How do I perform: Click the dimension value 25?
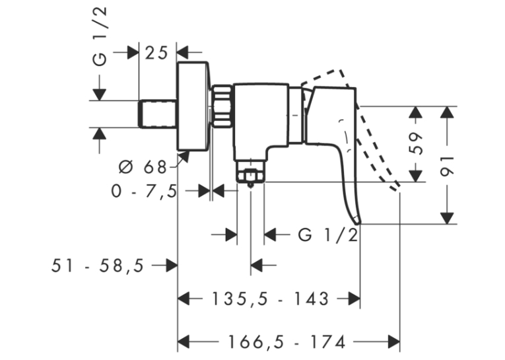pos(156,54)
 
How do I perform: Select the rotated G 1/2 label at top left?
pos(100,36)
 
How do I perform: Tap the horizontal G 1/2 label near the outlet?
pos(328,235)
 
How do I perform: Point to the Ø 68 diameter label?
pos(143,167)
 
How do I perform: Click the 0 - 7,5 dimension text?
pos(145,192)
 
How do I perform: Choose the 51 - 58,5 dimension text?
pos(98,266)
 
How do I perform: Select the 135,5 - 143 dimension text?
pos(270,299)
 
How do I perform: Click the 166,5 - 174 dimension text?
pos(286,342)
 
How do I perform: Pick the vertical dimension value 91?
pos(448,166)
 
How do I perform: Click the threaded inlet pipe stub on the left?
pos(158,114)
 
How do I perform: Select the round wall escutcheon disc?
pos(193,106)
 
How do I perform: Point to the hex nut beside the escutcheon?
pos(221,106)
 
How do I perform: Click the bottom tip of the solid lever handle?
pos(358,223)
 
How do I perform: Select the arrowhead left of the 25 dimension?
pos(133,53)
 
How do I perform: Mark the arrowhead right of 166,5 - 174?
pos(394,342)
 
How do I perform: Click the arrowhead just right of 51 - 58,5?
pos(172,266)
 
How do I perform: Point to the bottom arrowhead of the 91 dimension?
pos(447,218)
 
